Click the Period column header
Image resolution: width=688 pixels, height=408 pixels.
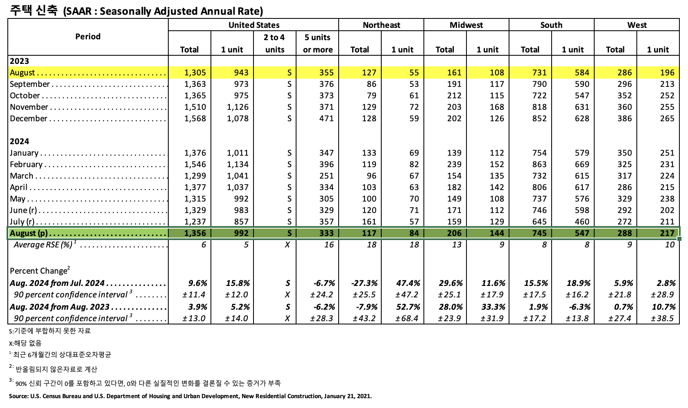[88, 37]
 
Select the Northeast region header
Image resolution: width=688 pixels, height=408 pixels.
[381, 25]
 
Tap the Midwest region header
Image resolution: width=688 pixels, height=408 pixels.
[466, 25]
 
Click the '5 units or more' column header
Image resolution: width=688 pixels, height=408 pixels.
[317, 43]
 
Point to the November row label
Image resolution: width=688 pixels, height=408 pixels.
[29, 107]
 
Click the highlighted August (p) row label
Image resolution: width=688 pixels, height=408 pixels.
[29, 233]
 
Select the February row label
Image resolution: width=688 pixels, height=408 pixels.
[26, 164]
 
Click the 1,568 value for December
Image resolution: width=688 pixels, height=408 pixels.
[195, 118]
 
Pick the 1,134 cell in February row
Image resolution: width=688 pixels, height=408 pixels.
[238, 164]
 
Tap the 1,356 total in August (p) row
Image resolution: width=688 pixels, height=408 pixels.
[195, 233]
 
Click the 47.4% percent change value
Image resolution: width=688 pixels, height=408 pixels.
[408, 283]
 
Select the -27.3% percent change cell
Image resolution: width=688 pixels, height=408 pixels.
[364, 283]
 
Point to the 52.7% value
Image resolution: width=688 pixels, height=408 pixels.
[408, 307]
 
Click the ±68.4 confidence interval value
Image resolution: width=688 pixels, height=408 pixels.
[407, 318]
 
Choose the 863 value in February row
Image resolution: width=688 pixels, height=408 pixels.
[539, 164]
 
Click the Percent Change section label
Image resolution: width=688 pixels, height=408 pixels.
[39, 271]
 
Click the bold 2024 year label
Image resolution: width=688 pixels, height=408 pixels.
[20, 141]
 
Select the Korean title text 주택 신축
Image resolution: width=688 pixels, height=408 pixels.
[34, 10]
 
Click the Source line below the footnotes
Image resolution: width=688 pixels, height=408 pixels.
[190, 396]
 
